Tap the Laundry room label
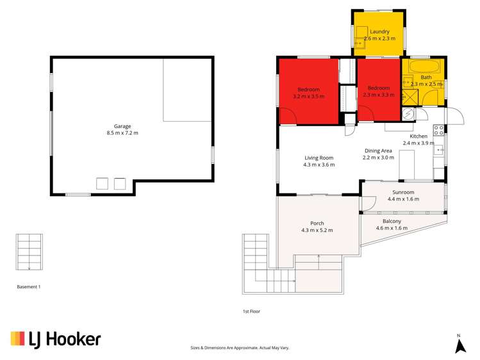pyautogui.click(x=379, y=31)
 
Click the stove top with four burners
pyautogui.click(x=439, y=130)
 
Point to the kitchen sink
pyautogui.click(x=439, y=150)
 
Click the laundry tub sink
pyautogui.click(x=361, y=33)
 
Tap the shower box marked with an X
pyautogui.click(x=409, y=97)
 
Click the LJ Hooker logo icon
pyautogui.click(x=18, y=339)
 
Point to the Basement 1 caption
pyautogui.click(x=29, y=287)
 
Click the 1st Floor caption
pyautogui.click(x=251, y=311)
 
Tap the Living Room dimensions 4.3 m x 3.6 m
pyautogui.click(x=319, y=165)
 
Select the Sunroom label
pyautogui.click(x=403, y=192)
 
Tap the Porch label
pyautogui.click(x=317, y=223)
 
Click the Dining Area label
pyautogui.click(x=377, y=150)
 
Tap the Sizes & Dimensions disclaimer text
pyautogui.click(x=240, y=347)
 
